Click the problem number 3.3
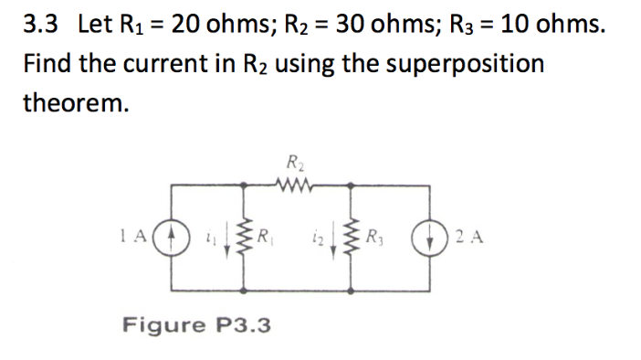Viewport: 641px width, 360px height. [x=41, y=25]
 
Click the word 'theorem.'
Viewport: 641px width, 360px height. [x=77, y=102]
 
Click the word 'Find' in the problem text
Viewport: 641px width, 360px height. [x=48, y=64]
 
